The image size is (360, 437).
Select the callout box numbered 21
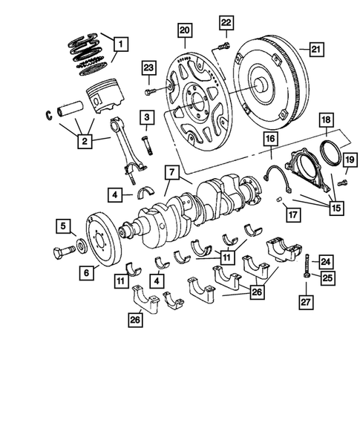[316, 50]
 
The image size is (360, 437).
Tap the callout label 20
[184, 30]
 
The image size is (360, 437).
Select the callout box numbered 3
[148, 116]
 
